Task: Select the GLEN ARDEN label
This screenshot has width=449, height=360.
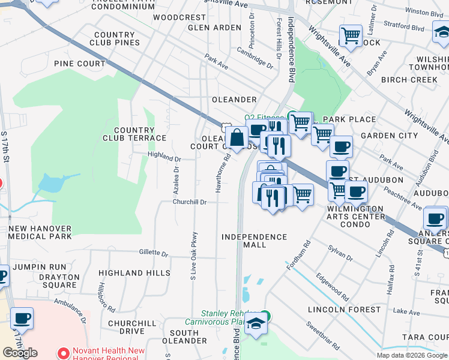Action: coord(214,28)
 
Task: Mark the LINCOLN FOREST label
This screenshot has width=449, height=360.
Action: coord(344,310)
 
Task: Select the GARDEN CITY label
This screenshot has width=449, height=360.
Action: coord(389,136)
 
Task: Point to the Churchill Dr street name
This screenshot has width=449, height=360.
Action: coord(190,202)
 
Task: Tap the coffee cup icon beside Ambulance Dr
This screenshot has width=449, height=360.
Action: coord(22,319)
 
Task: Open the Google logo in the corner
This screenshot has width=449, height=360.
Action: coord(20,352)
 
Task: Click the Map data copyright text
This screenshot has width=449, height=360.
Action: coord(411,355)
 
